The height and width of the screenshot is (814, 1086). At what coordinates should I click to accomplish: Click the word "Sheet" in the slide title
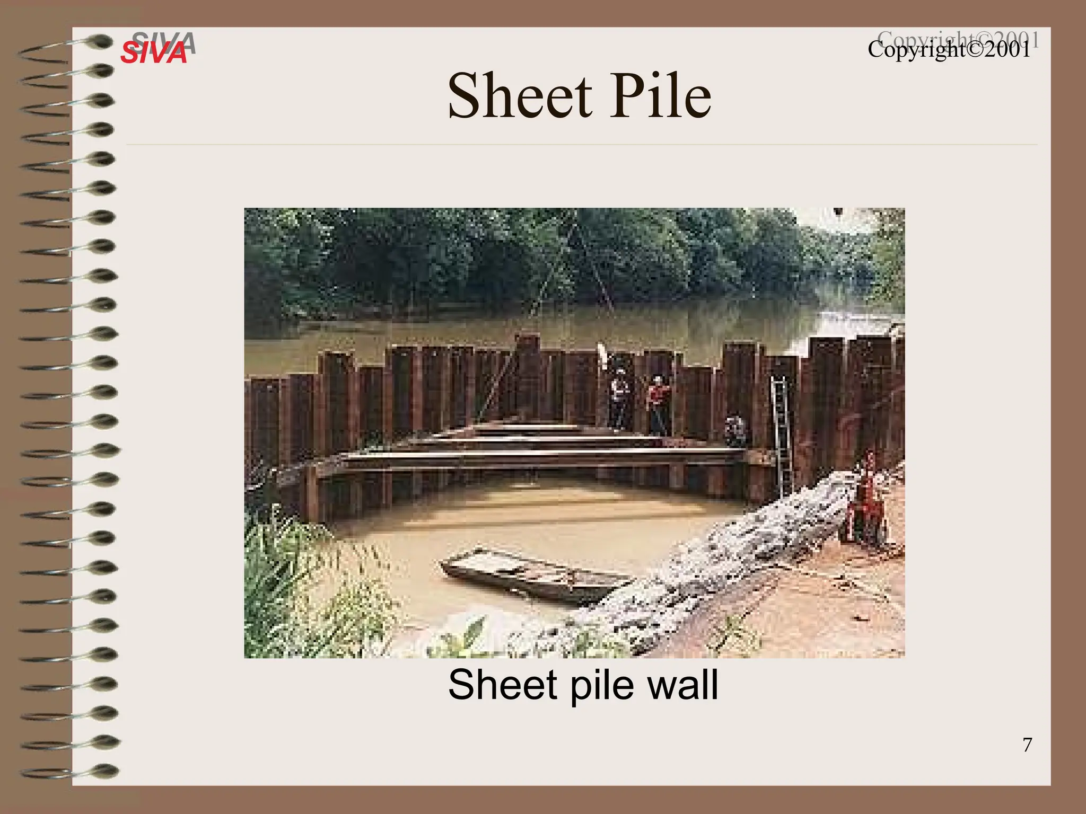click(520, 96)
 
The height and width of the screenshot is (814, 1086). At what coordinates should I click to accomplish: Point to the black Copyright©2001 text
click(949, 50)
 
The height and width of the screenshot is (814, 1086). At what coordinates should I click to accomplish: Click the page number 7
click(1027, 745)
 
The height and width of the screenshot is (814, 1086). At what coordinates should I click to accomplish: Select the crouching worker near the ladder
click(735, 430)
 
